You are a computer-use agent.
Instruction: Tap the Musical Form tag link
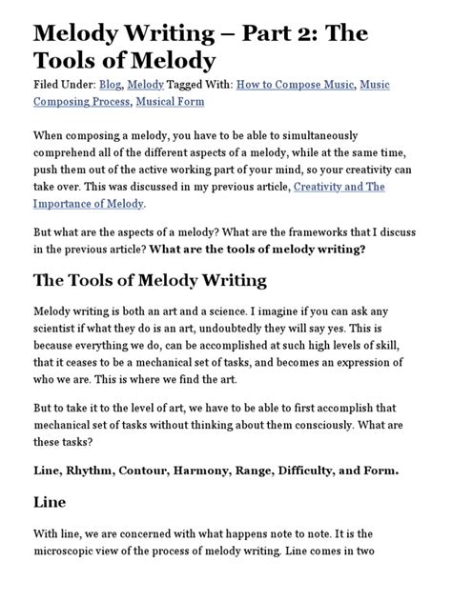click(179, 101)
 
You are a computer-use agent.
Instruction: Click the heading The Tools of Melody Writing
click(150, 281)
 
